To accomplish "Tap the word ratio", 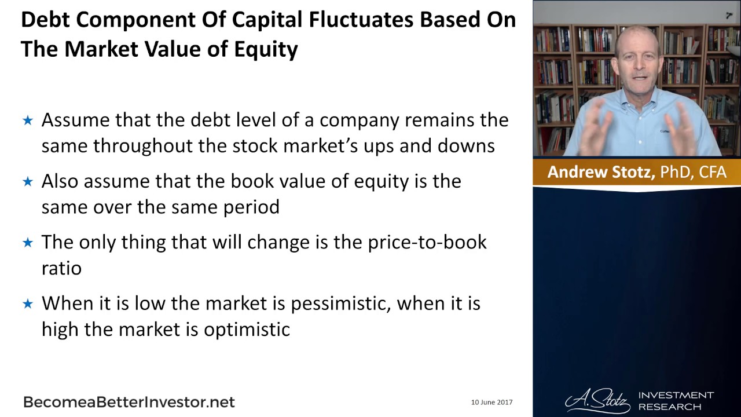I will coord(61,268).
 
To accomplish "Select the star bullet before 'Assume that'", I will coord(28,120).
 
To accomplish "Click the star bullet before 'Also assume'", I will coord(28,181).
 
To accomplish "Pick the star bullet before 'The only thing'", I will coord(28,243).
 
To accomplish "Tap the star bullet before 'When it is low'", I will coord(28,304).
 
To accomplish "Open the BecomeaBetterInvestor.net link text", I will coord(129,402).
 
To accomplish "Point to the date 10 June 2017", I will coord(491,402).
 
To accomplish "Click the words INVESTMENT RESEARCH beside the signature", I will coord(676,401).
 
